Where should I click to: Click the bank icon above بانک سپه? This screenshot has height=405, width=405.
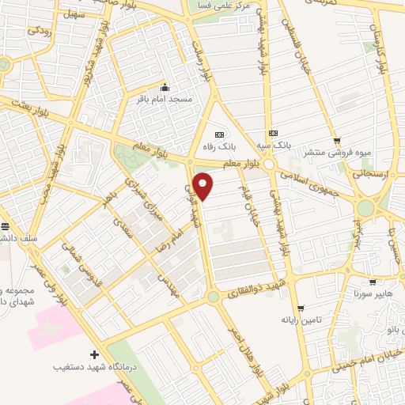click(273, 133)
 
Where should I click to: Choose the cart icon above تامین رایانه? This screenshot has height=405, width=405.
click(299, 308)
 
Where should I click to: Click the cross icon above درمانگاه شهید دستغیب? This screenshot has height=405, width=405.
click(95, 354)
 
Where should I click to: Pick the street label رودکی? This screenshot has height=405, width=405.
click(38, 32)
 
